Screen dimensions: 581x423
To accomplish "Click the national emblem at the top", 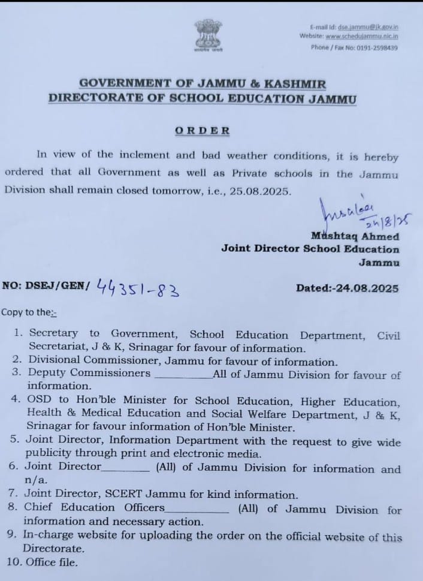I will pos(208,35).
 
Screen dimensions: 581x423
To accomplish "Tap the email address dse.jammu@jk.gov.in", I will pos(368,27).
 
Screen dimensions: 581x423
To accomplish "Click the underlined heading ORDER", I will pos(203,130).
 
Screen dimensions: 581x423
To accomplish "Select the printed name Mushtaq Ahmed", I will pos(355,236).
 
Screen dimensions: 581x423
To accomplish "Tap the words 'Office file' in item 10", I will pos(50,562).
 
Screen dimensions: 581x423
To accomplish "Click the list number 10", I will pos(13,562).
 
